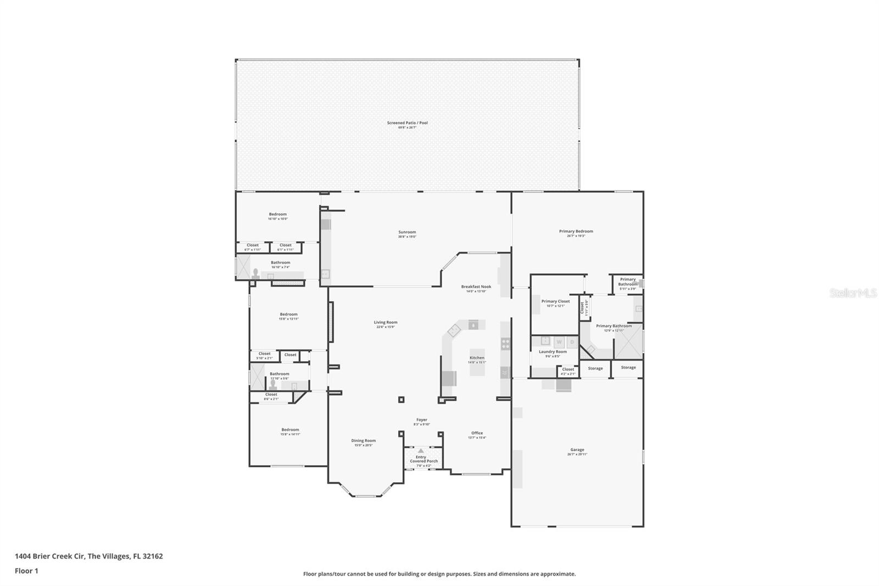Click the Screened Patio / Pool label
(x=407, y=125)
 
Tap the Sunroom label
(x=407, y=234)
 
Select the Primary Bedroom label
(x=576, y=233)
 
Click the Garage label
(x=577, y=451)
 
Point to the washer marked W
(x=560, y=342)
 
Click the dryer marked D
(x=572, y=342)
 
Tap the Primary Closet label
(x=555, y=303)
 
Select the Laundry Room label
(x=553, y=353)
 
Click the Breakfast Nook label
(x=476, y=288)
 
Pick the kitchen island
(x=477, y=363)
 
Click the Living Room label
(x=385, y=324)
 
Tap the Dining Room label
(x=363, y=442)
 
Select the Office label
(x=477, y=435)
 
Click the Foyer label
(x=421, y=422)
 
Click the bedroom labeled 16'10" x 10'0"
(x=277, y=216)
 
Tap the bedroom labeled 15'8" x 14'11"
(x=290, y=432)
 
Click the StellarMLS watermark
(x=853, y=294)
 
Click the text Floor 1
(x=26, y=571)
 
